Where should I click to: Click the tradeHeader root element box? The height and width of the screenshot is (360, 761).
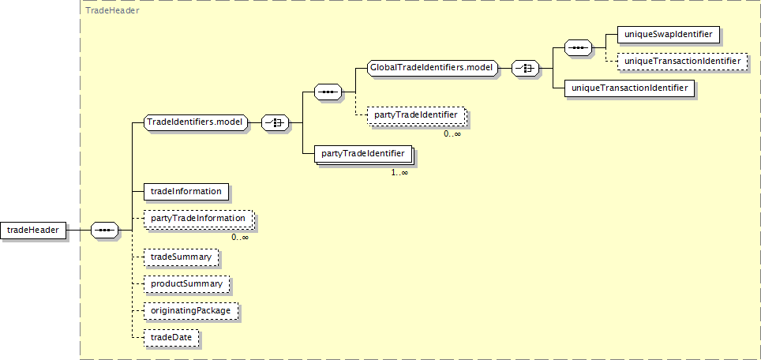(x=33, y=231)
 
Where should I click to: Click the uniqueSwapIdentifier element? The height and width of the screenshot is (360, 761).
(x=668, y=34)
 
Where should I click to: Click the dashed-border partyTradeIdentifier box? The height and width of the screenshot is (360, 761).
(x=416, y=115)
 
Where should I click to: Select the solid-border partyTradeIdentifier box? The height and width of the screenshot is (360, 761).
(x=362, y=153)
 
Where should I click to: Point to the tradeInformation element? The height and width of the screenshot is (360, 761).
(x=186, y=191)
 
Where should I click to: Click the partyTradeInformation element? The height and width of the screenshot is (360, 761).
(x=198, y=219)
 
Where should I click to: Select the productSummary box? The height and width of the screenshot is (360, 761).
(x=186, y=283)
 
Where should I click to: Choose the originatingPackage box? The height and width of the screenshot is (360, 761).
(x=190, y=310)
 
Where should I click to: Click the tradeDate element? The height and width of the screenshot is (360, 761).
(x=171, y=338)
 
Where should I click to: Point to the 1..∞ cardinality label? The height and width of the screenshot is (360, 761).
(x=399, y=172)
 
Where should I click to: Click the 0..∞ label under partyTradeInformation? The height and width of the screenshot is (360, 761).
(x=240, y=237)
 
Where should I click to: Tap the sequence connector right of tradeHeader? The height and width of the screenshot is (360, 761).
(x=105, y=231)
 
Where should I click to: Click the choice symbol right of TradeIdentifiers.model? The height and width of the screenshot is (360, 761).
(x=275, y=122)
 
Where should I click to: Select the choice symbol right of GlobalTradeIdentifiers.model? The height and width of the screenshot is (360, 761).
(x=526, y=69)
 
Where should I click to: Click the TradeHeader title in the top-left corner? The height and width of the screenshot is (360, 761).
(x=112, y=11)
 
